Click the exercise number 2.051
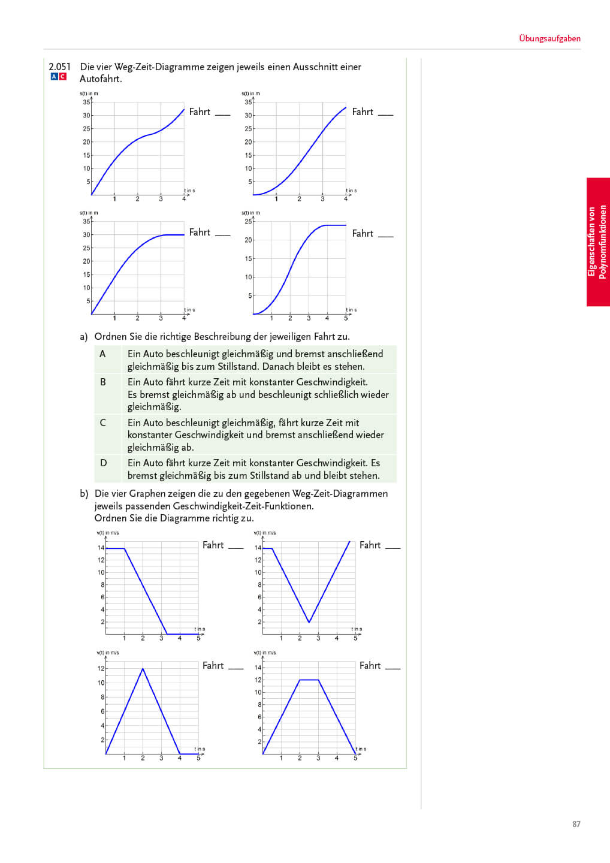point(59,67)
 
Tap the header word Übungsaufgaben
point(549,38)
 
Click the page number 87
point(576,824)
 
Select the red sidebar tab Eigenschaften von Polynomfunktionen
point(597,242)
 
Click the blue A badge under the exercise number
point(54,77)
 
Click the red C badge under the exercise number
point(62,77)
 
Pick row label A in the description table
point(102,354)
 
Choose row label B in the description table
point(102,382)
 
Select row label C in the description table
point(102,423)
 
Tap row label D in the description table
point(103,463)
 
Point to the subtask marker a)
point(84,336)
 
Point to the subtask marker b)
point(84,493)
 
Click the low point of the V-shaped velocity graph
point(309,622)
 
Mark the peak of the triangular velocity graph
point(143,669)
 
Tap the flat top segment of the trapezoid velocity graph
point(309,680)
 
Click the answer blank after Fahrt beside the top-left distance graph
point(222,114)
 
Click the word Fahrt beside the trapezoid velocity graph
point(370,665)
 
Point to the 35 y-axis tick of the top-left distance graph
point(87,102)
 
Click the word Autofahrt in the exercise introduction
point(101,79)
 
